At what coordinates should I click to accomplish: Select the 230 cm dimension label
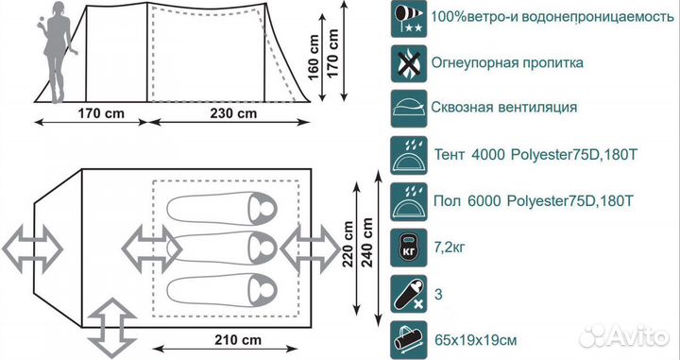tap(232, 114)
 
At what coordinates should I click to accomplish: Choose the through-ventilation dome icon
tap(408, 108)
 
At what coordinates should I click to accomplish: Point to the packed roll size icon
tap(408, 336)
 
